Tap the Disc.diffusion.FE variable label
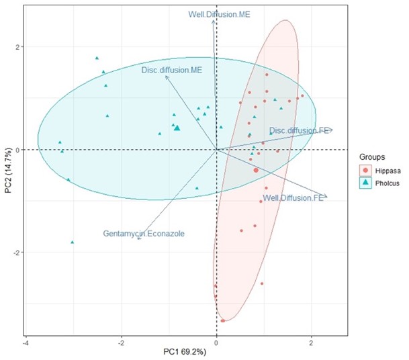[298, 130]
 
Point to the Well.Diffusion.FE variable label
[293, 198]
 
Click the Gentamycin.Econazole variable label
[144, 234]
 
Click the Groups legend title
[371, 153]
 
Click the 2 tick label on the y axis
[17, 47]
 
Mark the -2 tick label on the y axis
[16, 253]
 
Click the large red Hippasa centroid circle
[256, 171]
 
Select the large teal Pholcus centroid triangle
[177, 127]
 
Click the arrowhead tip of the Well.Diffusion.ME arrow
[214, 20]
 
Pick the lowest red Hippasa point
[222, 321]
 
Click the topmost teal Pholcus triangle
[97, 58]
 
